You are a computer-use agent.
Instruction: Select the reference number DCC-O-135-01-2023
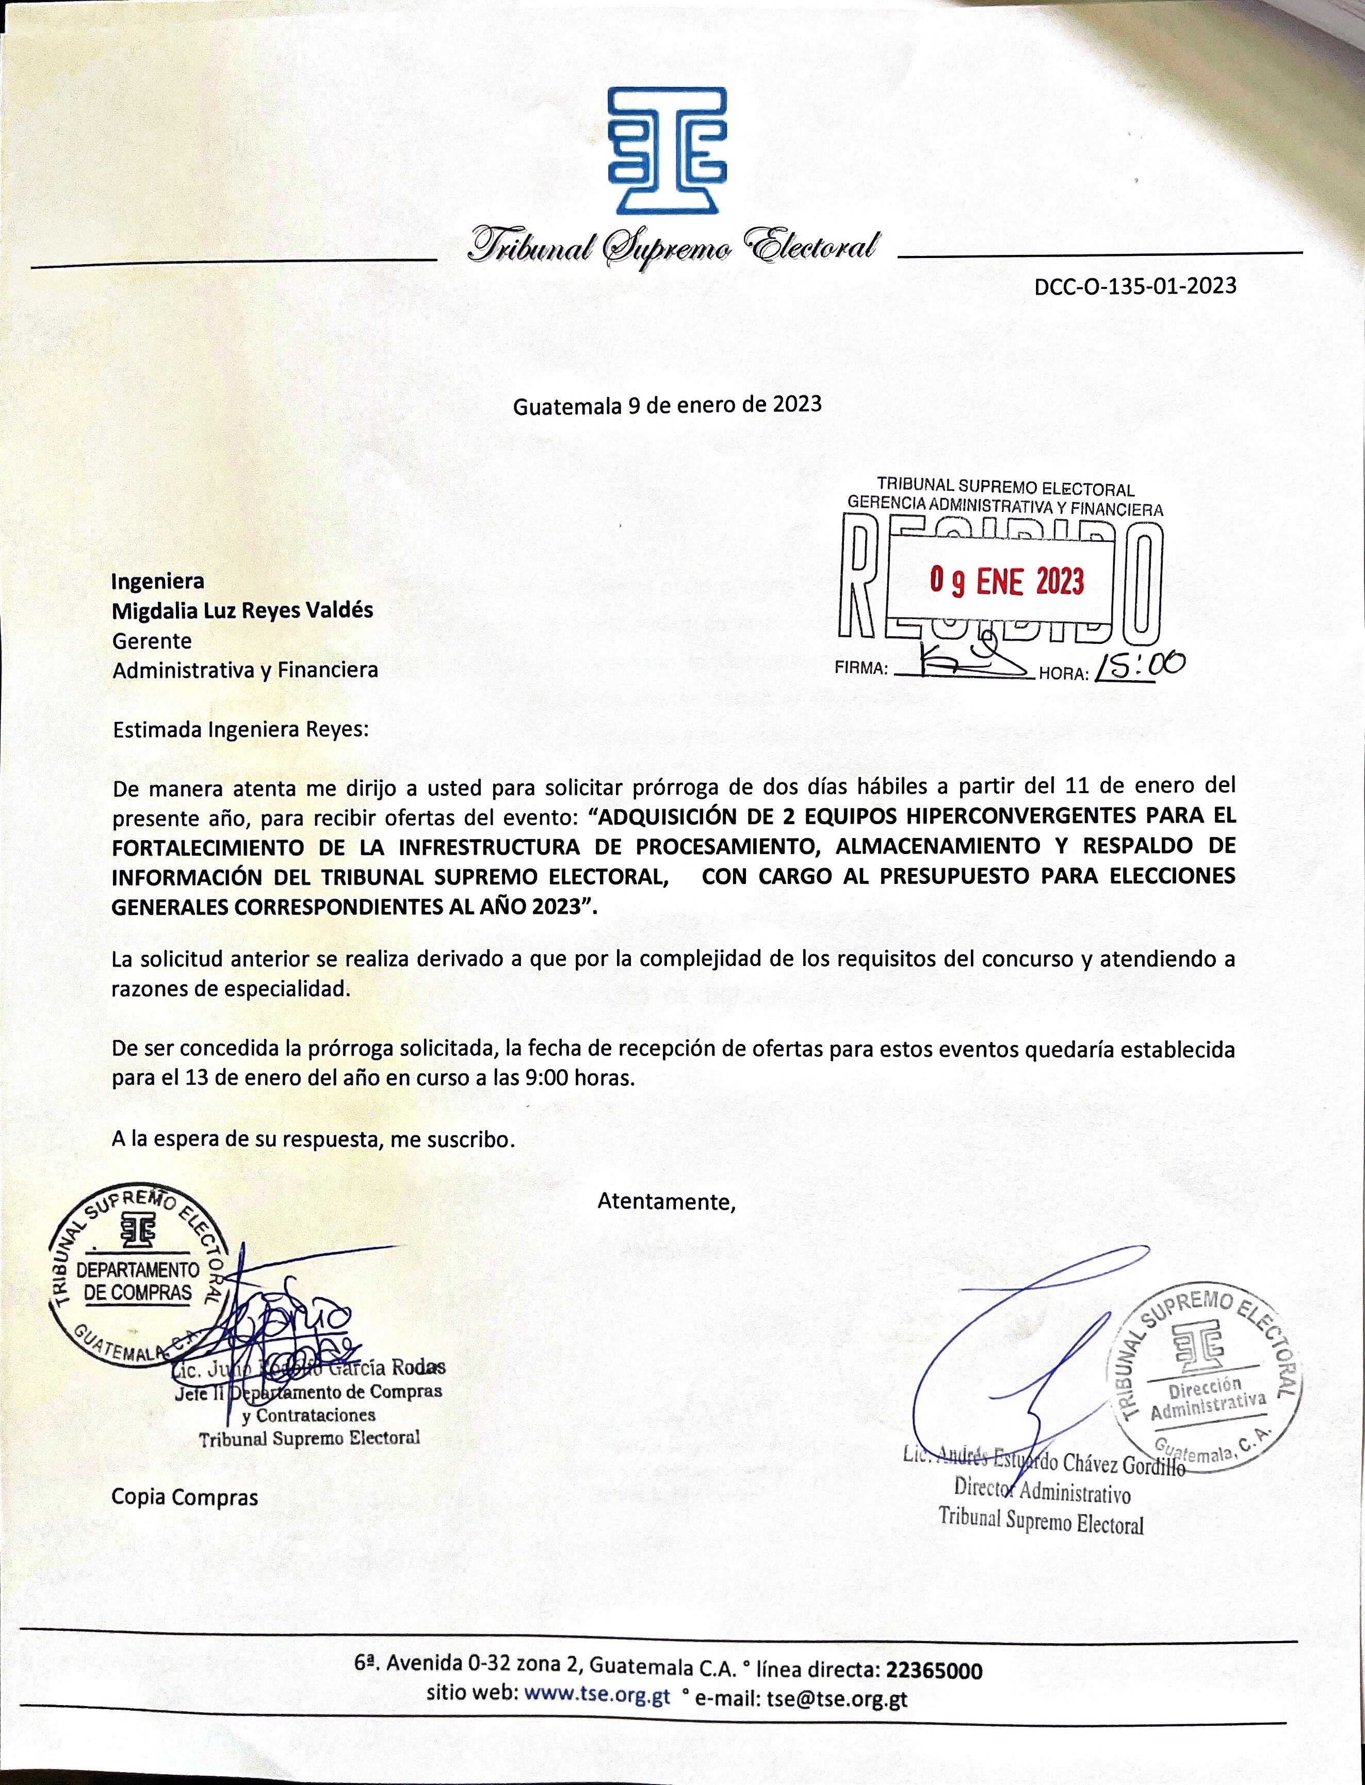pyautogui.click(x=1135, y=285)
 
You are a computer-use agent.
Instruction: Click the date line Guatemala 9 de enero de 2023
pyautogui.click(x=667, y=404)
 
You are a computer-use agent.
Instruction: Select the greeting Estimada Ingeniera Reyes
pyautogui.click(x=240, y=729)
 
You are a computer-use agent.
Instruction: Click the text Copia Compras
pyautogui.click(x=185, y=1497)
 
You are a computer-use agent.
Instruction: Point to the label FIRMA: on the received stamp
pyautogui.click(x=862, y=669)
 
